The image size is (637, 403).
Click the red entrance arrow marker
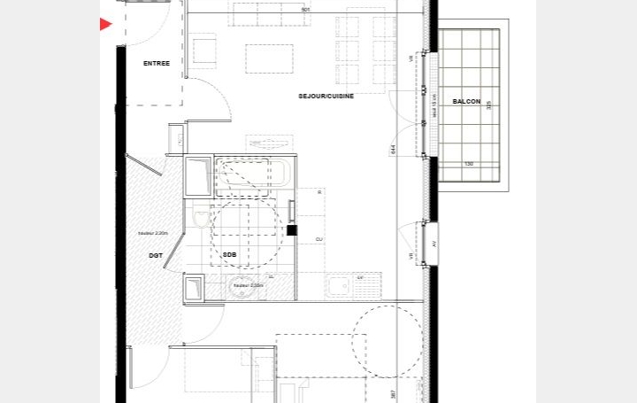click(105, 25)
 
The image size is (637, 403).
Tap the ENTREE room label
click(157, 63)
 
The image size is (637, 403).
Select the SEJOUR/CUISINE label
click(326, 96)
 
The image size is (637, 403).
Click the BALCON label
click(466, 102)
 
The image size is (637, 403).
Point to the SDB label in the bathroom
click(229, 254)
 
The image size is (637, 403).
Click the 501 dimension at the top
click(305, 10)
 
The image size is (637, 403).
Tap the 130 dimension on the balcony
click(469, 164)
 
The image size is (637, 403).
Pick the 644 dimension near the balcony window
click(392, 150)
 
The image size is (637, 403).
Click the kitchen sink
click(340, 285)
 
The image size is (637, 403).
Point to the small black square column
click(292, 231)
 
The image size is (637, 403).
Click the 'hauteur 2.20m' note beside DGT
click(152, 234)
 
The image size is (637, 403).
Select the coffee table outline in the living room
click(269, 58)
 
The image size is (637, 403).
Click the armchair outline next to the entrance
click(203, 50)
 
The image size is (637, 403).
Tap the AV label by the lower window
click(434, 244)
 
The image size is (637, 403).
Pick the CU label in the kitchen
click(318, 239)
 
